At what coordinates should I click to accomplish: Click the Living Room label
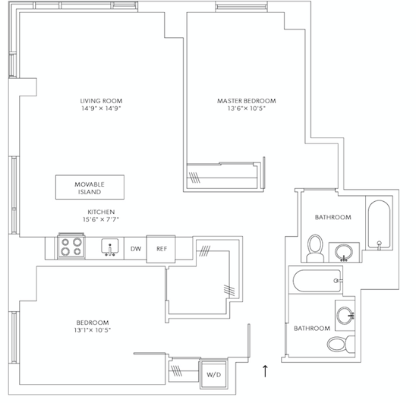[x=101, y=101]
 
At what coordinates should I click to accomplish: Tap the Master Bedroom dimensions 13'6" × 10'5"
[x=247, y=109]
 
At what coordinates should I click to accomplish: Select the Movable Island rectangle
[x=90, y=187]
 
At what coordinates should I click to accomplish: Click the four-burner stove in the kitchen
[x=71, y=246]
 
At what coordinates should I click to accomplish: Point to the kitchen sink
[x=110, y=247]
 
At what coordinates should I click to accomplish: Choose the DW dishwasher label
[x=136, y=249]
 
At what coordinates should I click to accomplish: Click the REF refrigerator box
[x=161, y=249]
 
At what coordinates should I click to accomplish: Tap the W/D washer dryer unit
[x=213, y=375]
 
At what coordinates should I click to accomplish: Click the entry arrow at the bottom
[x=265, y=371]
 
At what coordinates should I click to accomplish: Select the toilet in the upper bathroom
[x=315, y=248]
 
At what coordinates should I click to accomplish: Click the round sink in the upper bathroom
[x=344, y=252]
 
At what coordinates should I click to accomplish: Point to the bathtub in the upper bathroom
[x=379, y=225]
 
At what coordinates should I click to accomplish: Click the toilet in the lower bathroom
[x=341, y=345]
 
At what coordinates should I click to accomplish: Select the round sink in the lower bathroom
[x=345, y=316]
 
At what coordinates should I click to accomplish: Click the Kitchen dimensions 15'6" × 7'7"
[x=101, y=219]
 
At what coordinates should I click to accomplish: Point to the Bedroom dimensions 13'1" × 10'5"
[x=93, y=330]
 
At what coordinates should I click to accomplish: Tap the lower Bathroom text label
[x=312, y=329]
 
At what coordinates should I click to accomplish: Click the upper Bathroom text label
[x=333, y=217]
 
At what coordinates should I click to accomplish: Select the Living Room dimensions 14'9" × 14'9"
[x=101, y=109]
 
